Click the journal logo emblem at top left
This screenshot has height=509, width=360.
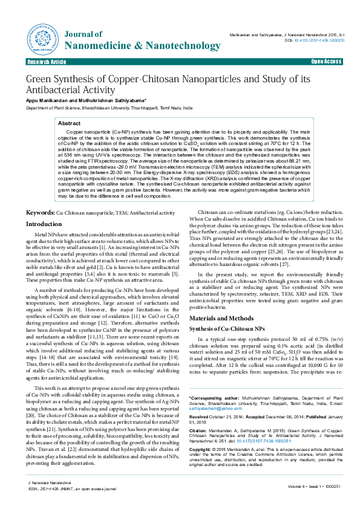click(42, 38)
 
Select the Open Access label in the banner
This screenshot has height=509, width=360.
click(327, 62)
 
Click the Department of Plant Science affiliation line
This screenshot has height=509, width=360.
click(109, 107)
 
